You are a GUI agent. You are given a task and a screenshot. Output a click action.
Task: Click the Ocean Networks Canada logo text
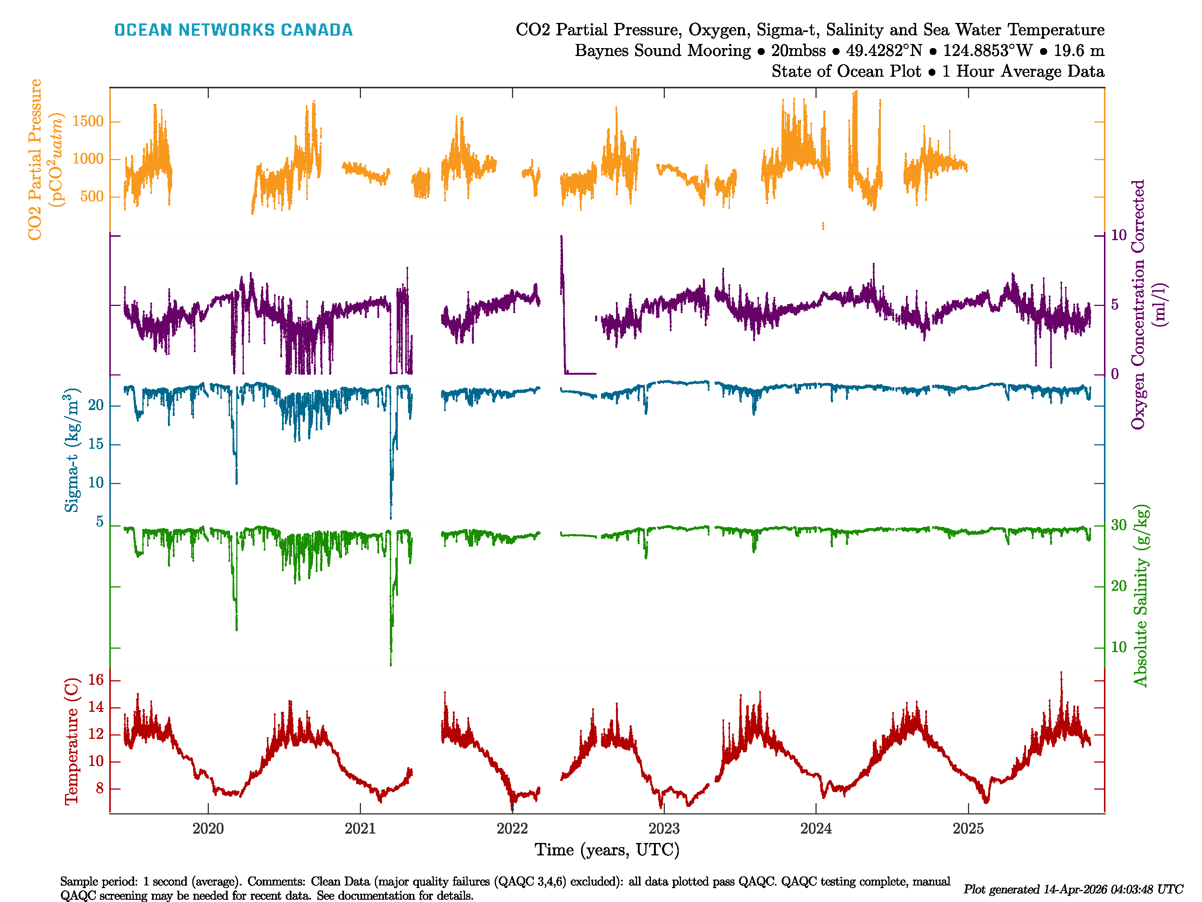[x=233, y=30]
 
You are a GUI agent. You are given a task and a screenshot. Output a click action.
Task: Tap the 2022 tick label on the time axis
[x=512, y=829]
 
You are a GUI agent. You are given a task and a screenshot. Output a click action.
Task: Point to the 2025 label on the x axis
[x=968, y=829]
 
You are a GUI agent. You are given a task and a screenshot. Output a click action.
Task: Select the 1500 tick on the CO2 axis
[x=88, y=121]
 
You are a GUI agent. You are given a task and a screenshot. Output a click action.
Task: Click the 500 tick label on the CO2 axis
[x=91, y=196]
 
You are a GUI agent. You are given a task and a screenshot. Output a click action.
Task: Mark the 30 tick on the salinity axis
[x=1118, y=525]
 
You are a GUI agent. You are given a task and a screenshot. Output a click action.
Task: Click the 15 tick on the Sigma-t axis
[x=96, y=444]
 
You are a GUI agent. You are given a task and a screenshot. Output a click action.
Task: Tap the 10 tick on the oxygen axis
[x=1118, y=235]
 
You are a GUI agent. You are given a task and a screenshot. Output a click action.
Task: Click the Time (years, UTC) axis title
[x=607, y=850]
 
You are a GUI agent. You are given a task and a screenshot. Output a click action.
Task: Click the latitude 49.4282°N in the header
[x=883, y=51]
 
